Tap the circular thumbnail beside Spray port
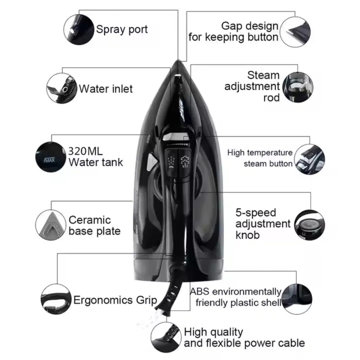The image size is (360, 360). tap(79, 30)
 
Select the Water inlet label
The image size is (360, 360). tap(106, 89)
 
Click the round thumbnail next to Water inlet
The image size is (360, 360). tap(62, 88)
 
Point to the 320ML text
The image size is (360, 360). tap(85, 151)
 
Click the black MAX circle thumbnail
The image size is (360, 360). tap(51, 157)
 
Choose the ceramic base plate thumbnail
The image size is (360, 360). tap(51, 225)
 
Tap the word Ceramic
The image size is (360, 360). tap(90, 220)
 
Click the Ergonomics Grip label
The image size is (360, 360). tap(115, 300)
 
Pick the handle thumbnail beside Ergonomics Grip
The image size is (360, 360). tap(56, 299)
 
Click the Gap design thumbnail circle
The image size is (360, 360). tap(295, 32)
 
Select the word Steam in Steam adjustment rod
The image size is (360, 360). tap(263, 75)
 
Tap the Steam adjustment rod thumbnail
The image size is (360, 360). tap(298, 87)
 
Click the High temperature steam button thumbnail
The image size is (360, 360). tap(309, 159)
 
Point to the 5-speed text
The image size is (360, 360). tap(255, 213)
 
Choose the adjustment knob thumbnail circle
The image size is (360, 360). tap(309, 225)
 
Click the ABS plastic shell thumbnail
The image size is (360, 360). tap(296, 299)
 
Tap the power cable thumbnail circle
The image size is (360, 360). tap(166, 337)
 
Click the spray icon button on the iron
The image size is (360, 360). tap(171, 163)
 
